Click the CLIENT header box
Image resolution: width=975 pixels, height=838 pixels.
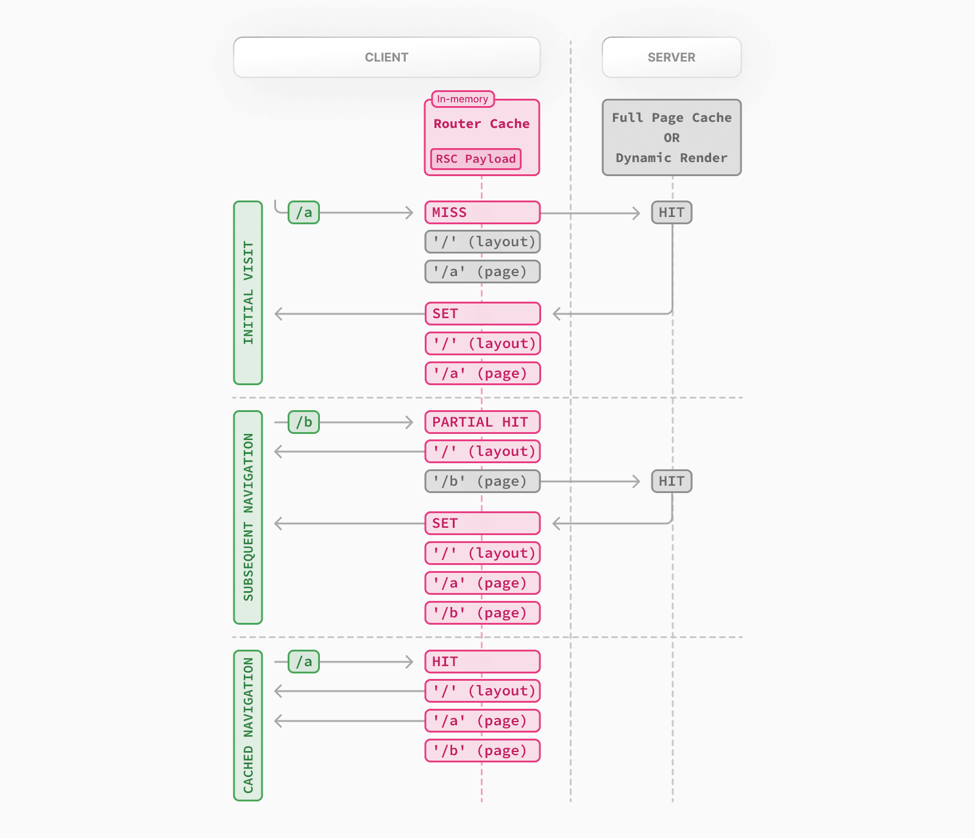pos(386,57)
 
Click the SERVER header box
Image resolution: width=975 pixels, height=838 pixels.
pos(671,57)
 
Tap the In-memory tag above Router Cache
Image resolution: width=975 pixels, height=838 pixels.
pos(463,99)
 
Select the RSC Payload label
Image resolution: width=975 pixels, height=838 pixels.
pos(475,159)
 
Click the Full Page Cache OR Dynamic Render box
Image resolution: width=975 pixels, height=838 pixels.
pos(671,138)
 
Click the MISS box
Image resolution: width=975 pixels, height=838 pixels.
pos(482,213)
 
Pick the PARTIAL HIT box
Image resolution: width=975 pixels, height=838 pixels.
pos(482,422)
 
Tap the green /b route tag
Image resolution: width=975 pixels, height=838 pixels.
pos(303,422)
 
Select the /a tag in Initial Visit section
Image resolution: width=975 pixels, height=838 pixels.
pos(303,213)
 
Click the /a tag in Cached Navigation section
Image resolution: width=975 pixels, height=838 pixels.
pos(303,662)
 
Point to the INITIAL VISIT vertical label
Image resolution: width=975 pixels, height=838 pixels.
pos(248,293)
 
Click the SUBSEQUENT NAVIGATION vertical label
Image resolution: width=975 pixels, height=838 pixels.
pos(248,517)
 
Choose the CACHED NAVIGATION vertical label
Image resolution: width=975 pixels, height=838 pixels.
pos(248,725)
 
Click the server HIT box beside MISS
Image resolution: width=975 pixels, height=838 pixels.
pos(671,213)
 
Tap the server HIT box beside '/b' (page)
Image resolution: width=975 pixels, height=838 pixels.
pos(671,481)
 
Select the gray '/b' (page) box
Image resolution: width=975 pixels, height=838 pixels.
pos(482,481)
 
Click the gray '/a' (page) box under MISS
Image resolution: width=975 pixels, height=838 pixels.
pos(482,272)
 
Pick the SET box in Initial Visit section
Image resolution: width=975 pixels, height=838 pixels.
pos(482,314)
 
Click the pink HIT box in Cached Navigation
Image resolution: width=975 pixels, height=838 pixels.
pos(482,662)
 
